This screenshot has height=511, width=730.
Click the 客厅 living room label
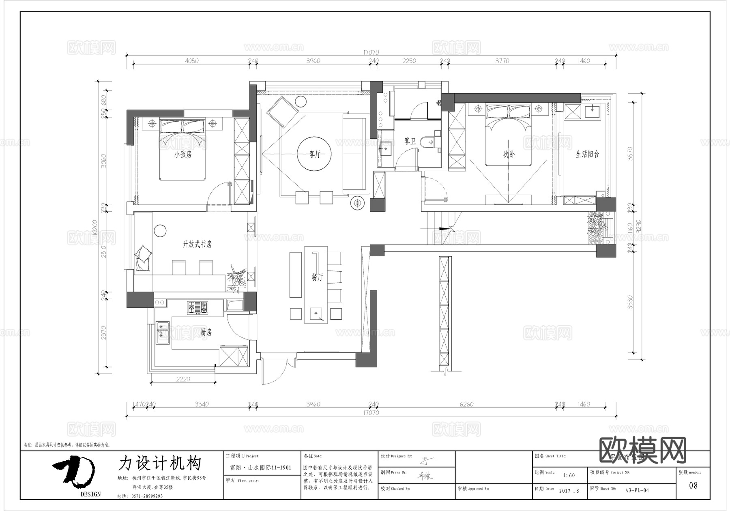coord(315,155)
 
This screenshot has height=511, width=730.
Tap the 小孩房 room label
coord(183,155)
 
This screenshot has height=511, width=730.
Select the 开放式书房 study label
coord(197,244)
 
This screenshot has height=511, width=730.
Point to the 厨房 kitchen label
coord(206,333)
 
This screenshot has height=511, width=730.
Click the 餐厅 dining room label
coord(317,277)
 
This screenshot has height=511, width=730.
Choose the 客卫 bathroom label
coord(410,142)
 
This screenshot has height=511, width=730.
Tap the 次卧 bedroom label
coord(509,155)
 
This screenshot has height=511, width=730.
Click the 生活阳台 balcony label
coord(588,154)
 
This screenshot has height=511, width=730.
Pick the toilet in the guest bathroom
coord(427,142)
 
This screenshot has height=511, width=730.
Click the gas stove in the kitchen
coord(198,307)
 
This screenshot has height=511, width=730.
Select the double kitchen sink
coord(163,332)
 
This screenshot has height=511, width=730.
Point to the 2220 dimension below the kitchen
coord(183,379)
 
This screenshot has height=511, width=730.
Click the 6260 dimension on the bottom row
coord(466,404)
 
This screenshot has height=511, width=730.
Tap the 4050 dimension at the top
coord(191,61)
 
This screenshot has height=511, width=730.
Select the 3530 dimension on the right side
coord(630,302)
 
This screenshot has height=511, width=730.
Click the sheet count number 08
coord(693,485)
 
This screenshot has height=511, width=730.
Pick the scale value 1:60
coord(569,475)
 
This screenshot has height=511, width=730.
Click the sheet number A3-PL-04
coord(637,490)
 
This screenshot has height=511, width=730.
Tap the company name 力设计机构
coord(160,463)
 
